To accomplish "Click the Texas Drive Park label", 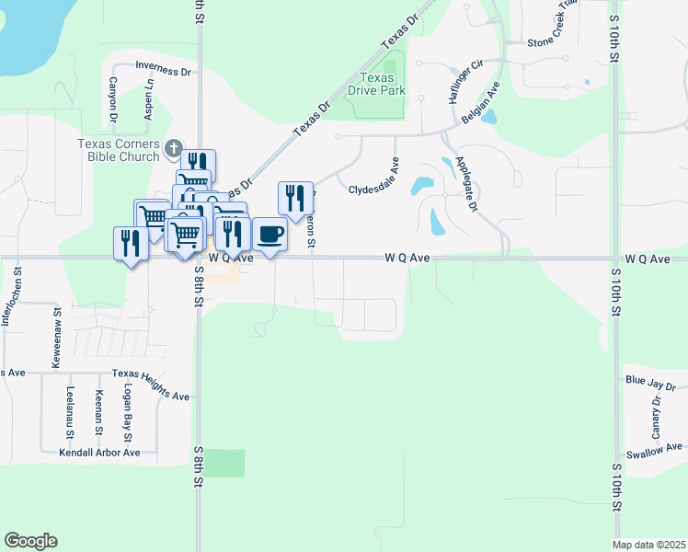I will point(376,85).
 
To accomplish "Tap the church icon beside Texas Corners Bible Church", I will point(174,147).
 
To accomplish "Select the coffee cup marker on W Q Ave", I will point(269,235).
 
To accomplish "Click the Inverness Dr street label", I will point(162,67).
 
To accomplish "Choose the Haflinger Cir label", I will point(466,81).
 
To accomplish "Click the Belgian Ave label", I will point(479,102).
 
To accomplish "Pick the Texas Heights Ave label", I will point(151,385).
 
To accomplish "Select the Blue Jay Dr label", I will point(650,383).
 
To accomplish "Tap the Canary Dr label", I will point(657,416).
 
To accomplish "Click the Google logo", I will point(30,540).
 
